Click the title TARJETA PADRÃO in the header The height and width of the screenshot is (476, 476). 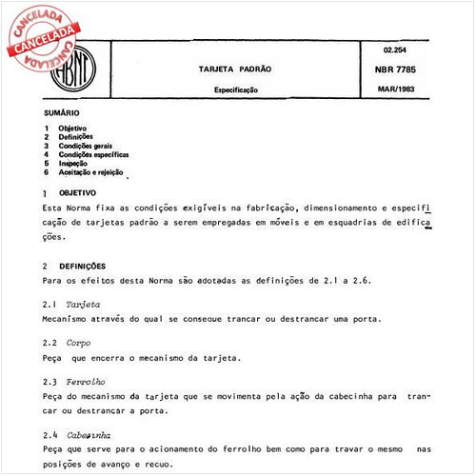pyautogui.click(x=235, y=69)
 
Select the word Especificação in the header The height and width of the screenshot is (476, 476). pyautogui.click(x=235, y=90)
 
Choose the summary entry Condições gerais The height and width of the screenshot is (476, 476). pyautogui.click(x=91, y=145)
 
